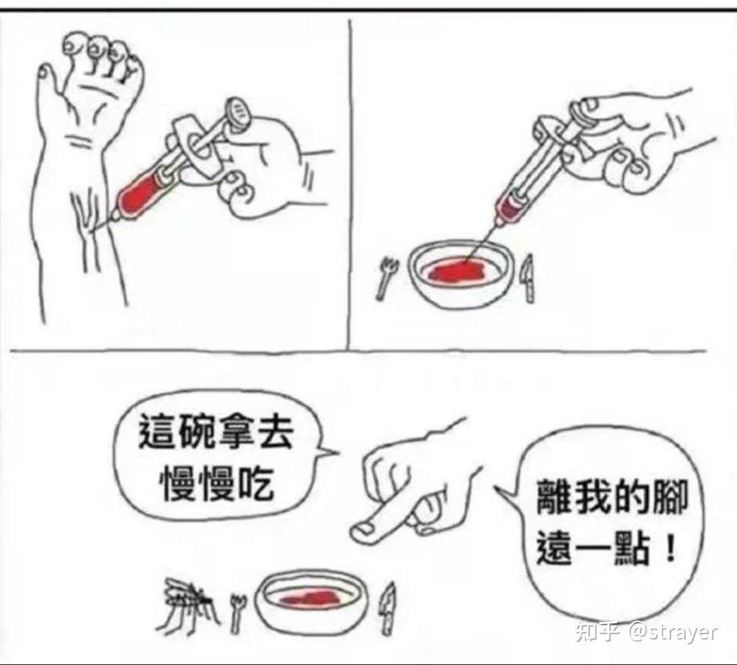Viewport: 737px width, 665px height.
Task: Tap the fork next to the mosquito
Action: [x=237, y=611]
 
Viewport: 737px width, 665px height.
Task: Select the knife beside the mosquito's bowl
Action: [x=388, y=609]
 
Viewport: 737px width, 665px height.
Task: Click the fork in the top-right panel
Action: [x=387, y=277]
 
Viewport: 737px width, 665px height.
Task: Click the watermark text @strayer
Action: [x=673, y=631]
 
